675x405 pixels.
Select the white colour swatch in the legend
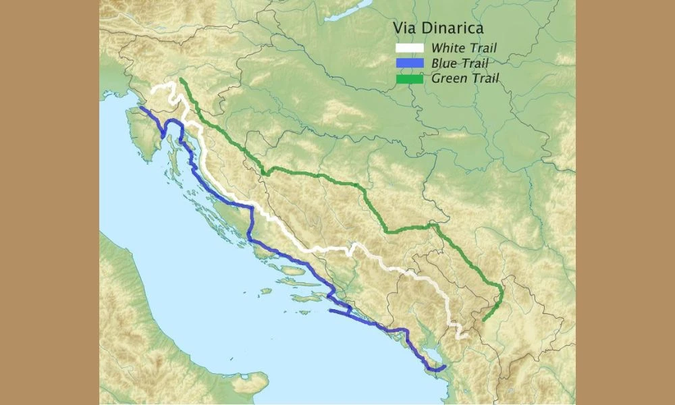409,48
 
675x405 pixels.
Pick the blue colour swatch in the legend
409,63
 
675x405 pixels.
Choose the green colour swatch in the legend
409,79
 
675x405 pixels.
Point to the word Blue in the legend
443,63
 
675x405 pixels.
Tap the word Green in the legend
447,79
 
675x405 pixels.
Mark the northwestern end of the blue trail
141,107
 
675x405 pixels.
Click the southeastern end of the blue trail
445,367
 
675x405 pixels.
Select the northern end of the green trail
181,80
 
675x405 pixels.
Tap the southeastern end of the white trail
466,335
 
